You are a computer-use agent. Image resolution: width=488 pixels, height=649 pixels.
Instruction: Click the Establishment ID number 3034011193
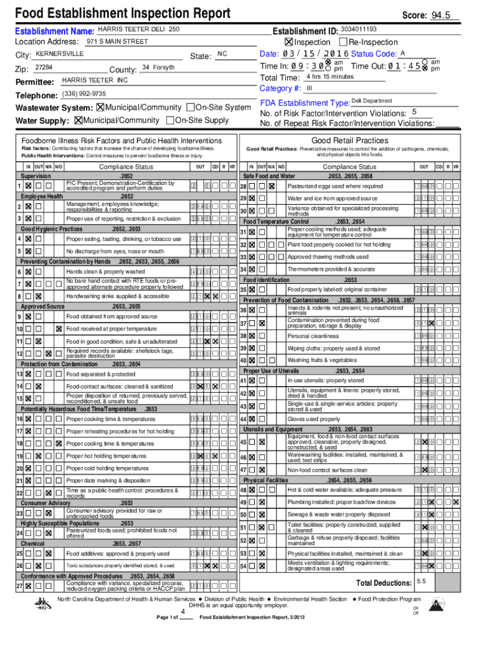[x=358, y=29]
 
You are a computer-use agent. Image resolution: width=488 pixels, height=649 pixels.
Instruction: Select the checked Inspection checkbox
[x=289, y=42]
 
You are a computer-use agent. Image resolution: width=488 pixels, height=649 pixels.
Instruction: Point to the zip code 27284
[x=44, y=67]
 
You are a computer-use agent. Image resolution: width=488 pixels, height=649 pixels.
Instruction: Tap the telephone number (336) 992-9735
[x=84, y=94]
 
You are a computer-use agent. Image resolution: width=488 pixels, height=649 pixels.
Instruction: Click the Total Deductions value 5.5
[x=422, y=581]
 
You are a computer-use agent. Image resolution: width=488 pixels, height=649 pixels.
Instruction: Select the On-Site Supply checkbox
[x=169, y=120]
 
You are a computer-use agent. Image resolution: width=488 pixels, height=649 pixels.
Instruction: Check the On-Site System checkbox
[x=191, y=108]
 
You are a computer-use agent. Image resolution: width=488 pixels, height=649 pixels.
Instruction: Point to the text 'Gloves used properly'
[x=313, y=419]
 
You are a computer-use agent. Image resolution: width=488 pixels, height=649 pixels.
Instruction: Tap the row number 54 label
[x=243, y=566]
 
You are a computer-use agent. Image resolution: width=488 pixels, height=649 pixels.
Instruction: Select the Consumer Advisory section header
[x=46, y=503]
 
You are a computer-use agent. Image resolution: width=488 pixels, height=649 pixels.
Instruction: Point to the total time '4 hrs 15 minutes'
[x=330, y=77]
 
